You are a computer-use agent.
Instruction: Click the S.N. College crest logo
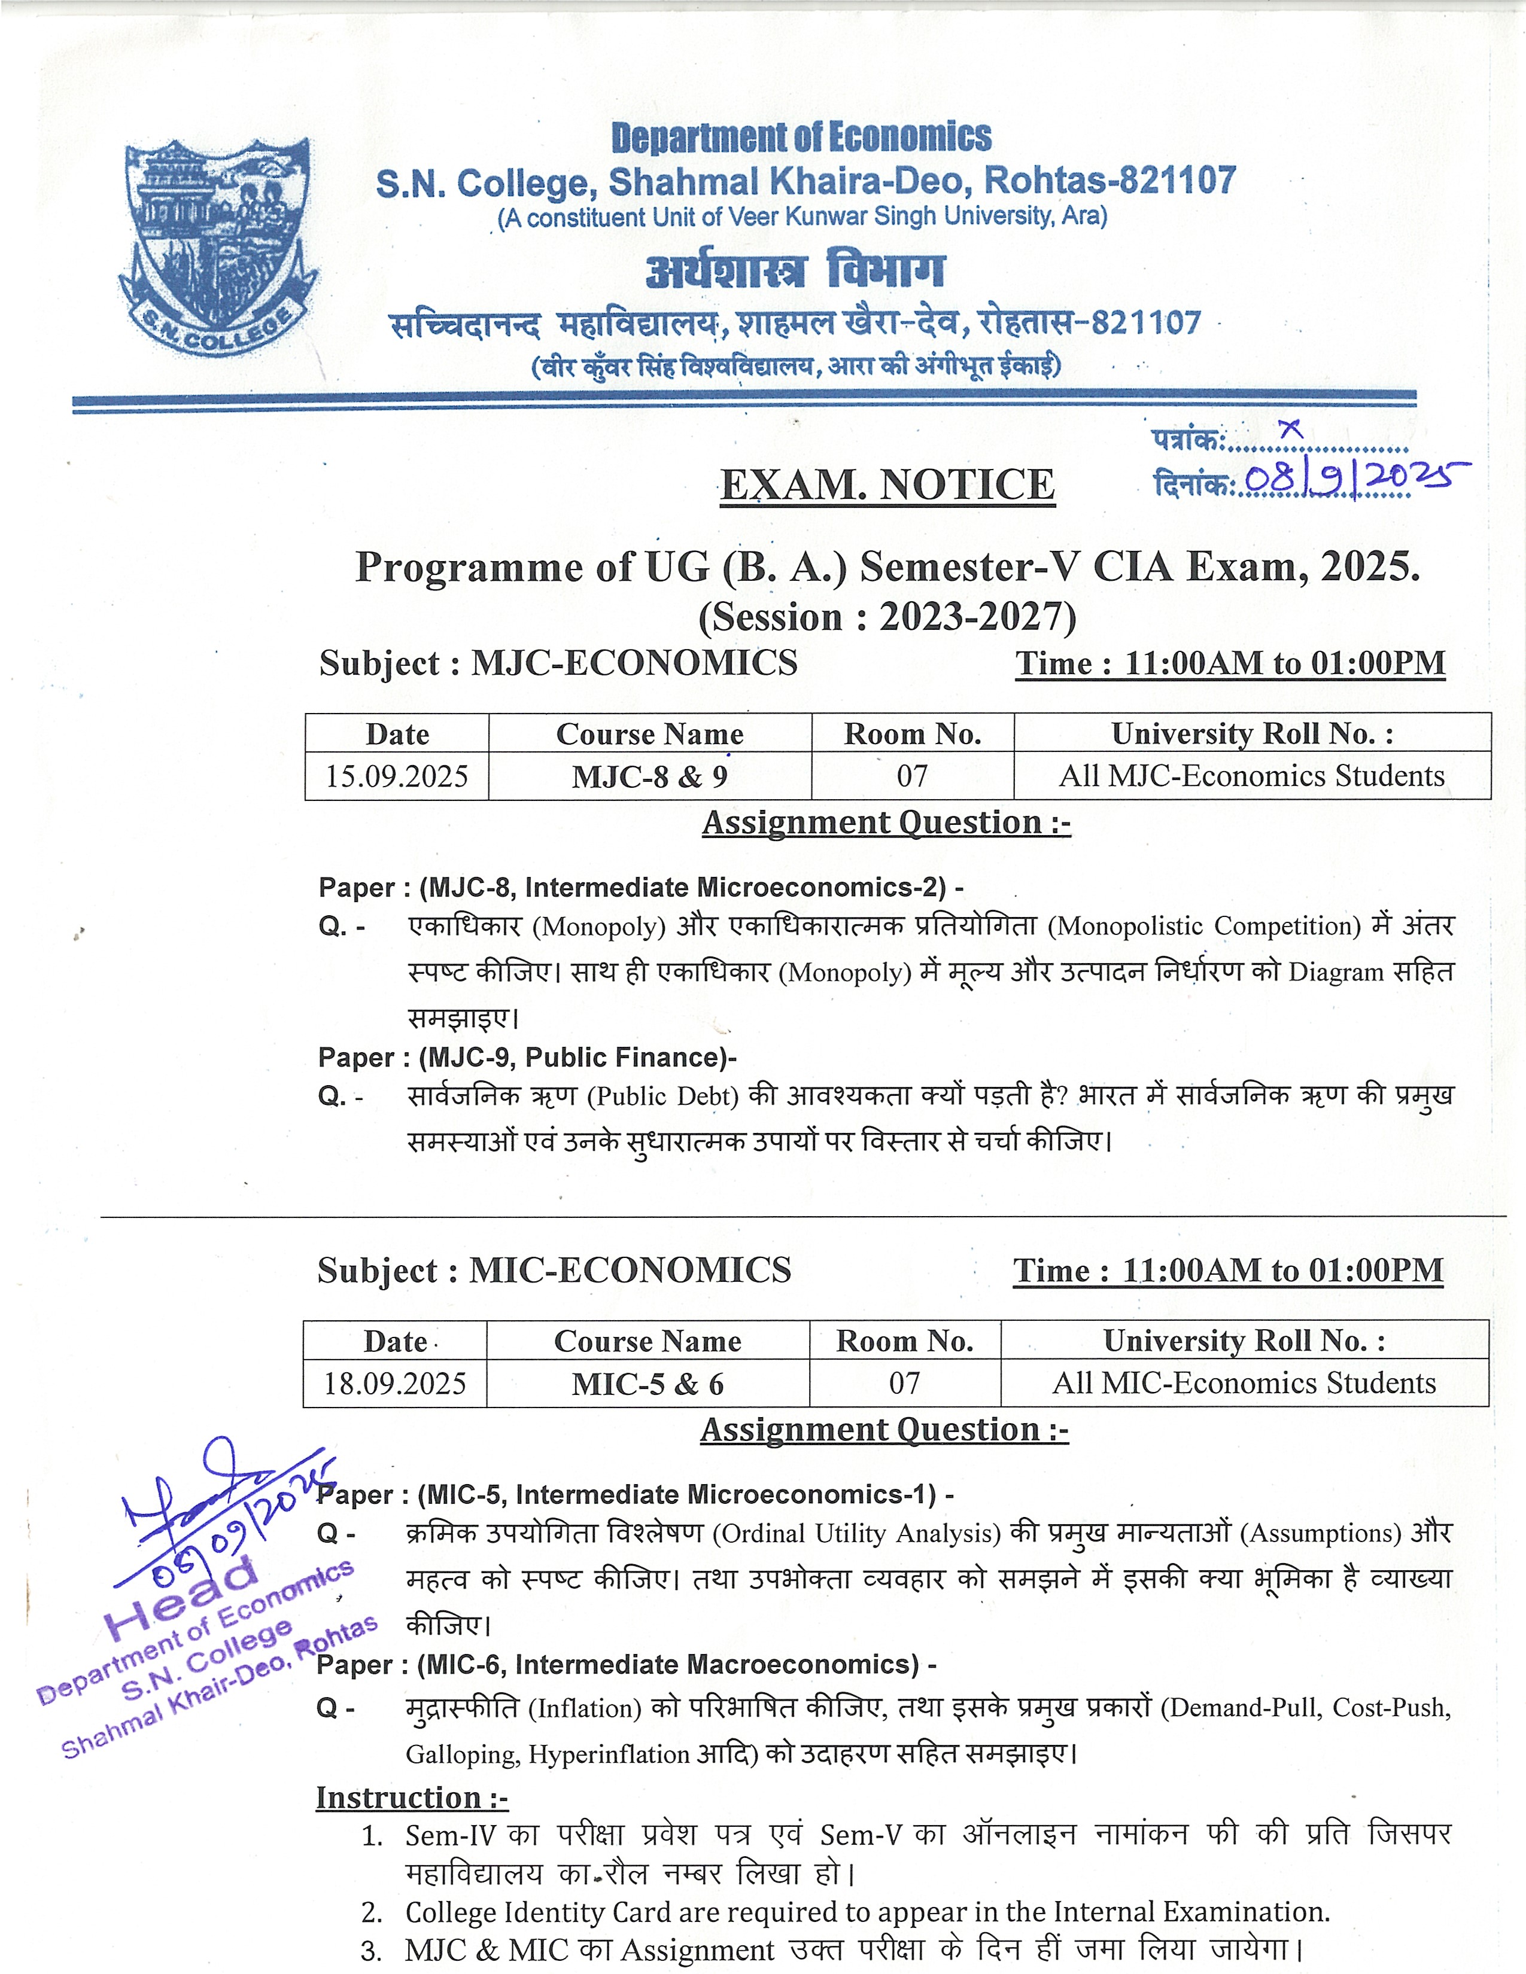point(217,246)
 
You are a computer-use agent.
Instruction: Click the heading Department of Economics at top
point(801,138)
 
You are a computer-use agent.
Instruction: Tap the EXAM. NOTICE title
point(887,485)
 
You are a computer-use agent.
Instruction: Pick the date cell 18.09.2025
point(395,1384)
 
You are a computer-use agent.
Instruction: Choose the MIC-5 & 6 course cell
point(648,1384)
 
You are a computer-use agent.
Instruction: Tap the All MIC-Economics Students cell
point(1244,1384)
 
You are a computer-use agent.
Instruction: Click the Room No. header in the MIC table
point(905,1341)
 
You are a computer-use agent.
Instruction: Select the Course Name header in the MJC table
point(649,734)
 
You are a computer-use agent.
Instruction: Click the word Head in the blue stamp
point(181,1598)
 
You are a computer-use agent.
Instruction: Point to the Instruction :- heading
point(411,1798)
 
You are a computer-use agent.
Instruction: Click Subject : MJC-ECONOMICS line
point(558,663)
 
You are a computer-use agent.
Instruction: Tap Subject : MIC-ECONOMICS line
point(554,1271)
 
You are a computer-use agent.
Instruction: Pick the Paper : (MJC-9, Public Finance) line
point(527,1058)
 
